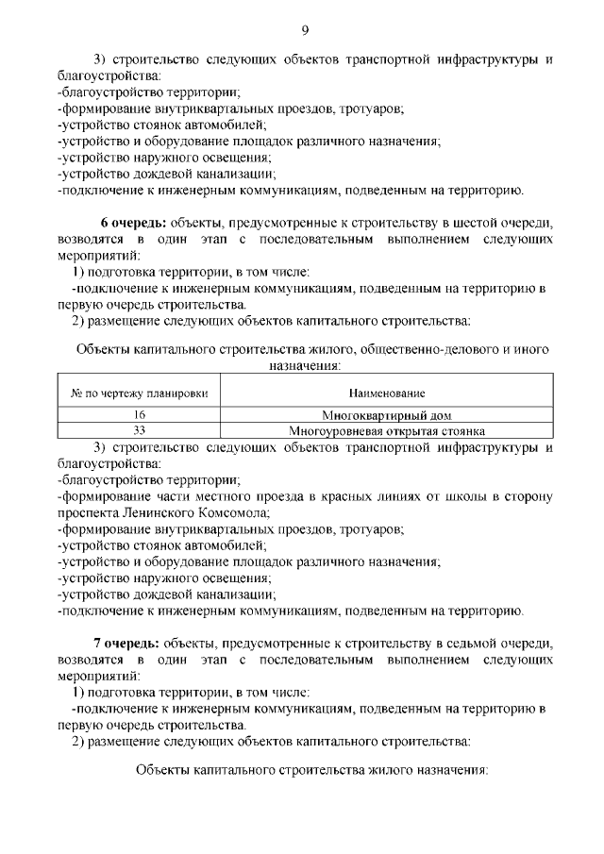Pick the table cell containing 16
(x=140, y=414)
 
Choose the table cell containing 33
(x=140, y=430)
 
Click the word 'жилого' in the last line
(x=359, y=769)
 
